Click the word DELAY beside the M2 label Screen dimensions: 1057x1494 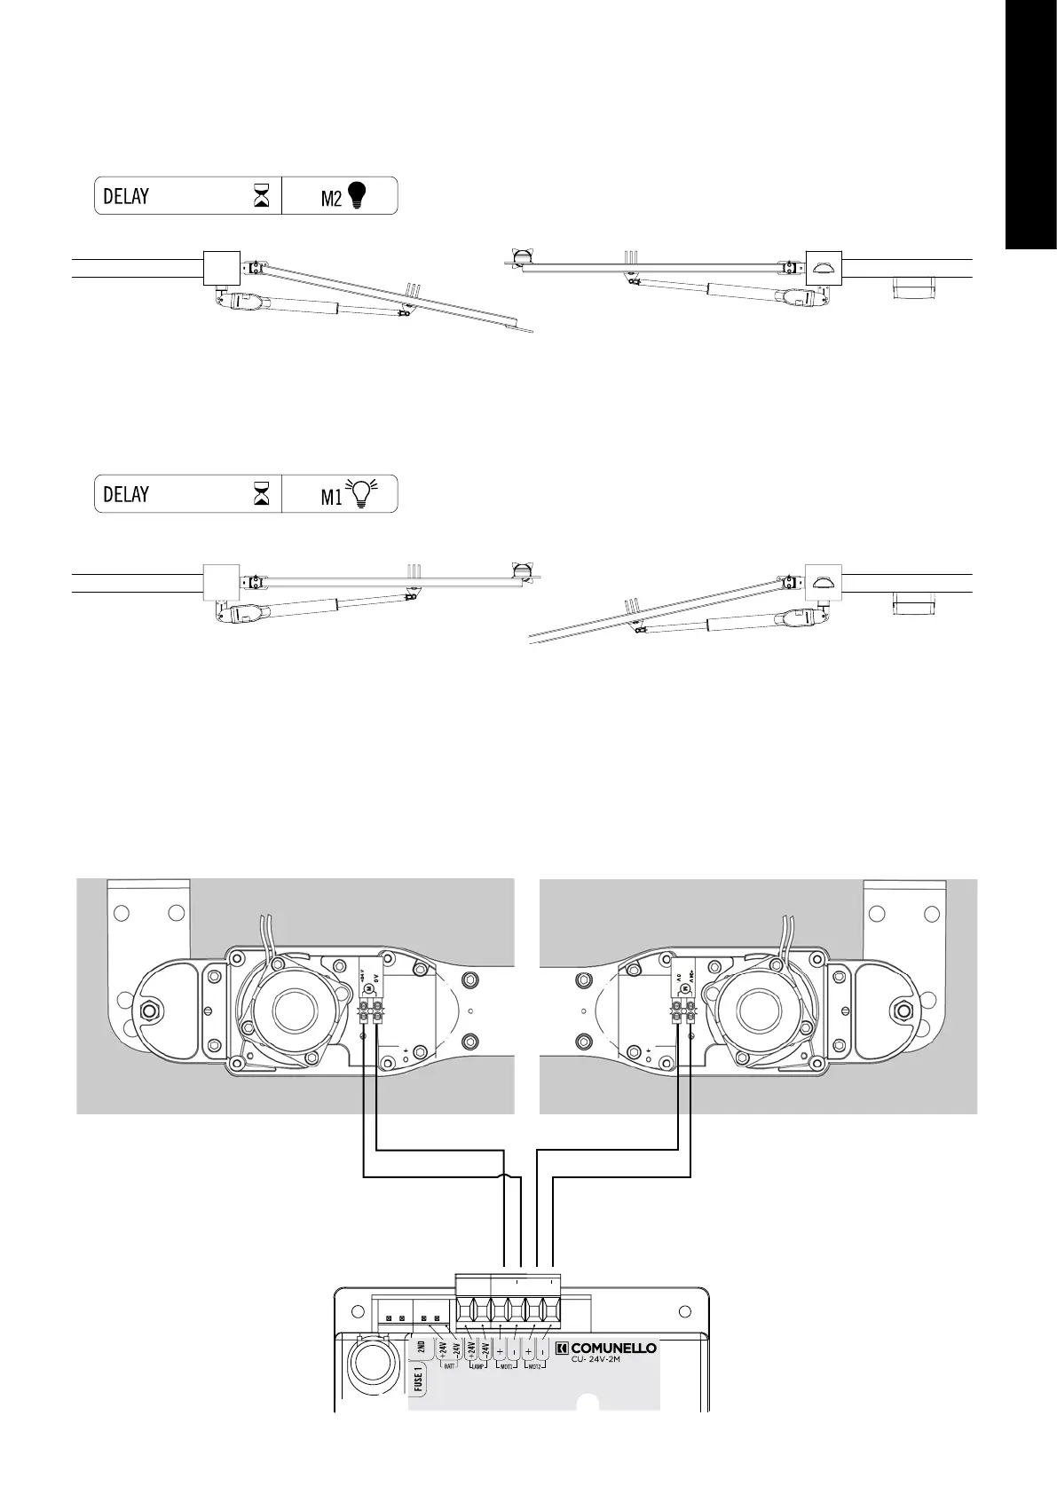(126, 196)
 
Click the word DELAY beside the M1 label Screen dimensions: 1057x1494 (126, 494)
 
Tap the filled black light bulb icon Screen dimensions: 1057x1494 (356, 195)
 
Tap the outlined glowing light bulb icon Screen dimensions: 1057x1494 (361, 493)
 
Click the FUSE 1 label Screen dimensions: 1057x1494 (419, 1382)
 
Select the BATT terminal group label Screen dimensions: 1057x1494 (449, 1366)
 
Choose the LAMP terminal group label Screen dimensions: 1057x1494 (477, 1366)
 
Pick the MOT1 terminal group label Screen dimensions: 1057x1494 (507, 1366)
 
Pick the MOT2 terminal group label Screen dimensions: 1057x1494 (534, 1366)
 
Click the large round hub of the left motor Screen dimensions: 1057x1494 (299, 1010)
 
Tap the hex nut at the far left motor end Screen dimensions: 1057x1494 (150, 1010)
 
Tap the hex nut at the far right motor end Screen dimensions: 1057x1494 (905, 1010)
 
